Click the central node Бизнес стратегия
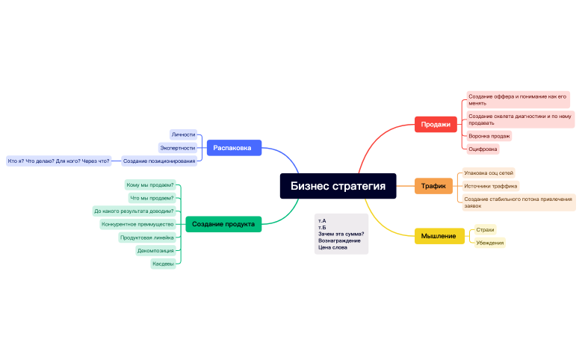(338, 186)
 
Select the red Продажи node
(435, 125)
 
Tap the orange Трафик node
(433, 185)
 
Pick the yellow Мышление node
(439, 236)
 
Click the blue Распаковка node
(233, 148)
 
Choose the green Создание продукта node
(223, 224)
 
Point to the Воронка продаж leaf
(489, 136)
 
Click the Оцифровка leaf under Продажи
(483, 149)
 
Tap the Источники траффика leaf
(490, 186)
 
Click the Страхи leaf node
(485, 230)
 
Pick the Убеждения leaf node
(489, 243)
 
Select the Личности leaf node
(183, 135)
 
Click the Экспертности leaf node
(178, 148)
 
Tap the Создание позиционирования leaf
(159, 161)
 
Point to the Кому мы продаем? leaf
(150, 184)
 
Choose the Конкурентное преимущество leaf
(137, 224)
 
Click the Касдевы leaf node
(163, 264)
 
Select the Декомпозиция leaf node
(155, 251)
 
